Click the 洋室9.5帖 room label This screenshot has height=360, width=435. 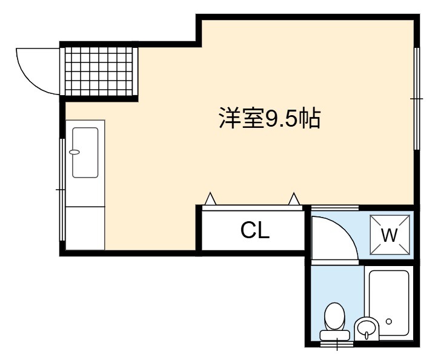click(x=270, y=118)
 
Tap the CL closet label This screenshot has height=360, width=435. click(x=255, y=230)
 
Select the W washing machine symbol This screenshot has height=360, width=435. click(x=390, y=235)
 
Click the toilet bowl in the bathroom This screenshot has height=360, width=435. click(x=334, y=317)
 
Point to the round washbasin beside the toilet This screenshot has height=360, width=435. click(x=367, y=328)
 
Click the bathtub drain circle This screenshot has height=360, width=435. click(x=389, y=321)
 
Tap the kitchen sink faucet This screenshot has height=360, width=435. click(x=75, y=152)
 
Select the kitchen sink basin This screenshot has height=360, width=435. click(x=85, y=152)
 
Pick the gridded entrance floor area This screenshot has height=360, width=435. click(x=99, y=72)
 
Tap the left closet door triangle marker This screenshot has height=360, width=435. click(x=210, y=199)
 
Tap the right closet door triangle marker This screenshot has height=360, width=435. click(x=294, y=199)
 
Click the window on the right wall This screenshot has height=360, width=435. click(x=416, y=99)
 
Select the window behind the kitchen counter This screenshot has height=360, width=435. click(x=62, y=189)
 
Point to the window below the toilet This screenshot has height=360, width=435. click(x=337, y=344)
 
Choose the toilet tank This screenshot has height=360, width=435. click(x=334, y=335)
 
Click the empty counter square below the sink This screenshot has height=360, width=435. click(x=85, y=228)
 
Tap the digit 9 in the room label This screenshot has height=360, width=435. click(x=272, y=118)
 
